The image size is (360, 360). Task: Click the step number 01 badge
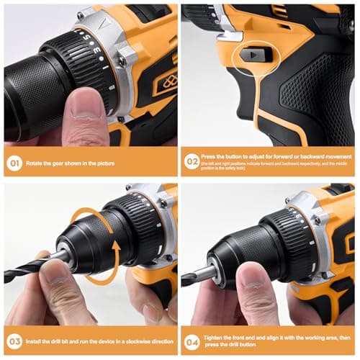(15, 163)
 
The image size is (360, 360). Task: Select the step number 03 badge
(15, 341)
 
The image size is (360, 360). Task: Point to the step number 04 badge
(192, 341)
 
